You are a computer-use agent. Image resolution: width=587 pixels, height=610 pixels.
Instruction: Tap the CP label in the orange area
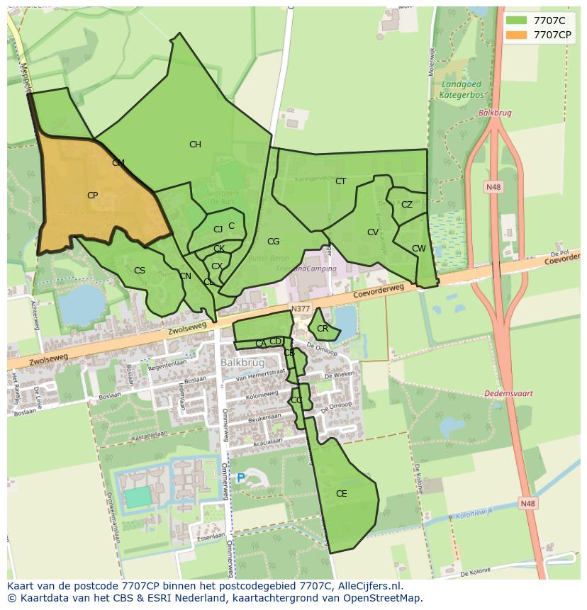click(x=92, y=196)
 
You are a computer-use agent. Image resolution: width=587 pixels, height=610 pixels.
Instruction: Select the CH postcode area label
click(x=195, y=145)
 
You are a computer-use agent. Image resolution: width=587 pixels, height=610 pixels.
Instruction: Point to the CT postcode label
click(x=340, y=181)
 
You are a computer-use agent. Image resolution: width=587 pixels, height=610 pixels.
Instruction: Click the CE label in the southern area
click(x=341, y=494)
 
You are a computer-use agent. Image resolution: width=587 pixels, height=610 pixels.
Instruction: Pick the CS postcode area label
click(x=140, y=271)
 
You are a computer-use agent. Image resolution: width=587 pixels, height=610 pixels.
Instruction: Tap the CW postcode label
click(x=419, y=249)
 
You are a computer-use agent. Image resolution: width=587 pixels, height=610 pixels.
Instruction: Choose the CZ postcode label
click(x=406, y=205)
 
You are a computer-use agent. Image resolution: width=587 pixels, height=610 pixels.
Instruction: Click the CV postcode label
click(x=373, y=232)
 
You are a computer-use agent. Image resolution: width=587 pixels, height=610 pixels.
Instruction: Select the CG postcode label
click(x=273, y=242)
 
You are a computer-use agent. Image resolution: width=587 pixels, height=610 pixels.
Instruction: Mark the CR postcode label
click(x=323, y=329)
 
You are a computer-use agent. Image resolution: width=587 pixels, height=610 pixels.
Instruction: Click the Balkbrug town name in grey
click(x=242, y=362)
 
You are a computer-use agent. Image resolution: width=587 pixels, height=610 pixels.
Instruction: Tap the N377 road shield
click(x=301, y=309)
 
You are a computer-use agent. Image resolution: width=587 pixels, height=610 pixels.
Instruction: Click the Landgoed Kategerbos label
click(x=462, y=88)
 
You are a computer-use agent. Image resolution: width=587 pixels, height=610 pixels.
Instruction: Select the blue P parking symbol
click(x=240, y=478)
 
